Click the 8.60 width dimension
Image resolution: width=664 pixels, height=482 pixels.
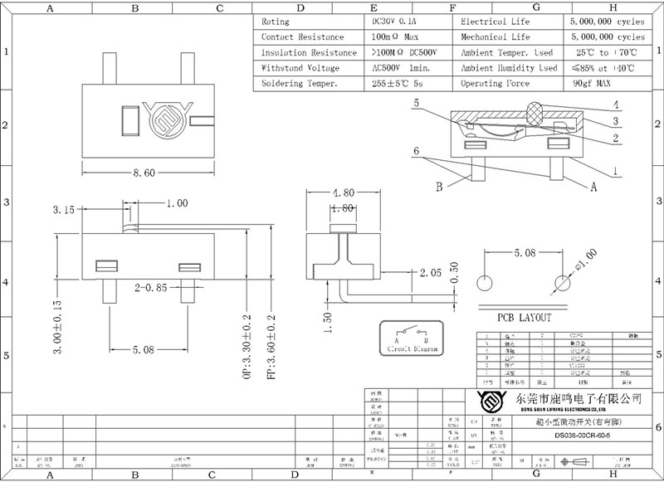144,174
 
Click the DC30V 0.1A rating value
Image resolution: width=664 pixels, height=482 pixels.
396,22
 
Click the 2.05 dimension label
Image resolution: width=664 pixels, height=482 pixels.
430,271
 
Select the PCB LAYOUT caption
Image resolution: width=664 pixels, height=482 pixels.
524,317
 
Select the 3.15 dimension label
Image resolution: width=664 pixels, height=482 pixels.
63,209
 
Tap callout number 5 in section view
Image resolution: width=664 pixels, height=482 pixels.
415,105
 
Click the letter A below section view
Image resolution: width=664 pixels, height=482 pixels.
593,188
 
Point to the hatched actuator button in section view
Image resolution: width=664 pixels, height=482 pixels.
536,112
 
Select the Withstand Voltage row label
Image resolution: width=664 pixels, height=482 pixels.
300,68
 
